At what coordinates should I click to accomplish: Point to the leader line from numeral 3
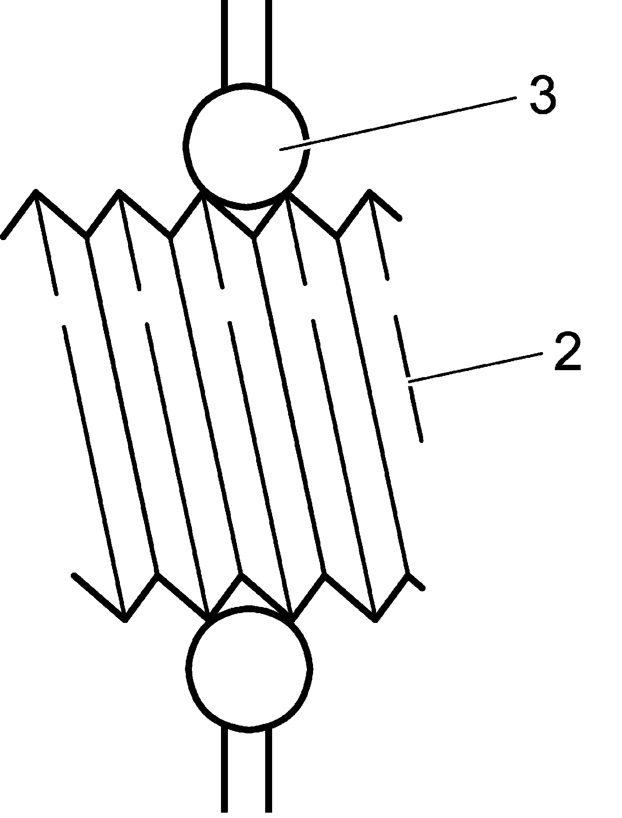coord(397,123)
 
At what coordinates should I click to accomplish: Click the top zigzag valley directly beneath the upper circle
coord(254,236)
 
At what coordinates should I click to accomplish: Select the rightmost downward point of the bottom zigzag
coord(376,620)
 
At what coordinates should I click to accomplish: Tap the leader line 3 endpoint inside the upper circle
coord(281,150)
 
